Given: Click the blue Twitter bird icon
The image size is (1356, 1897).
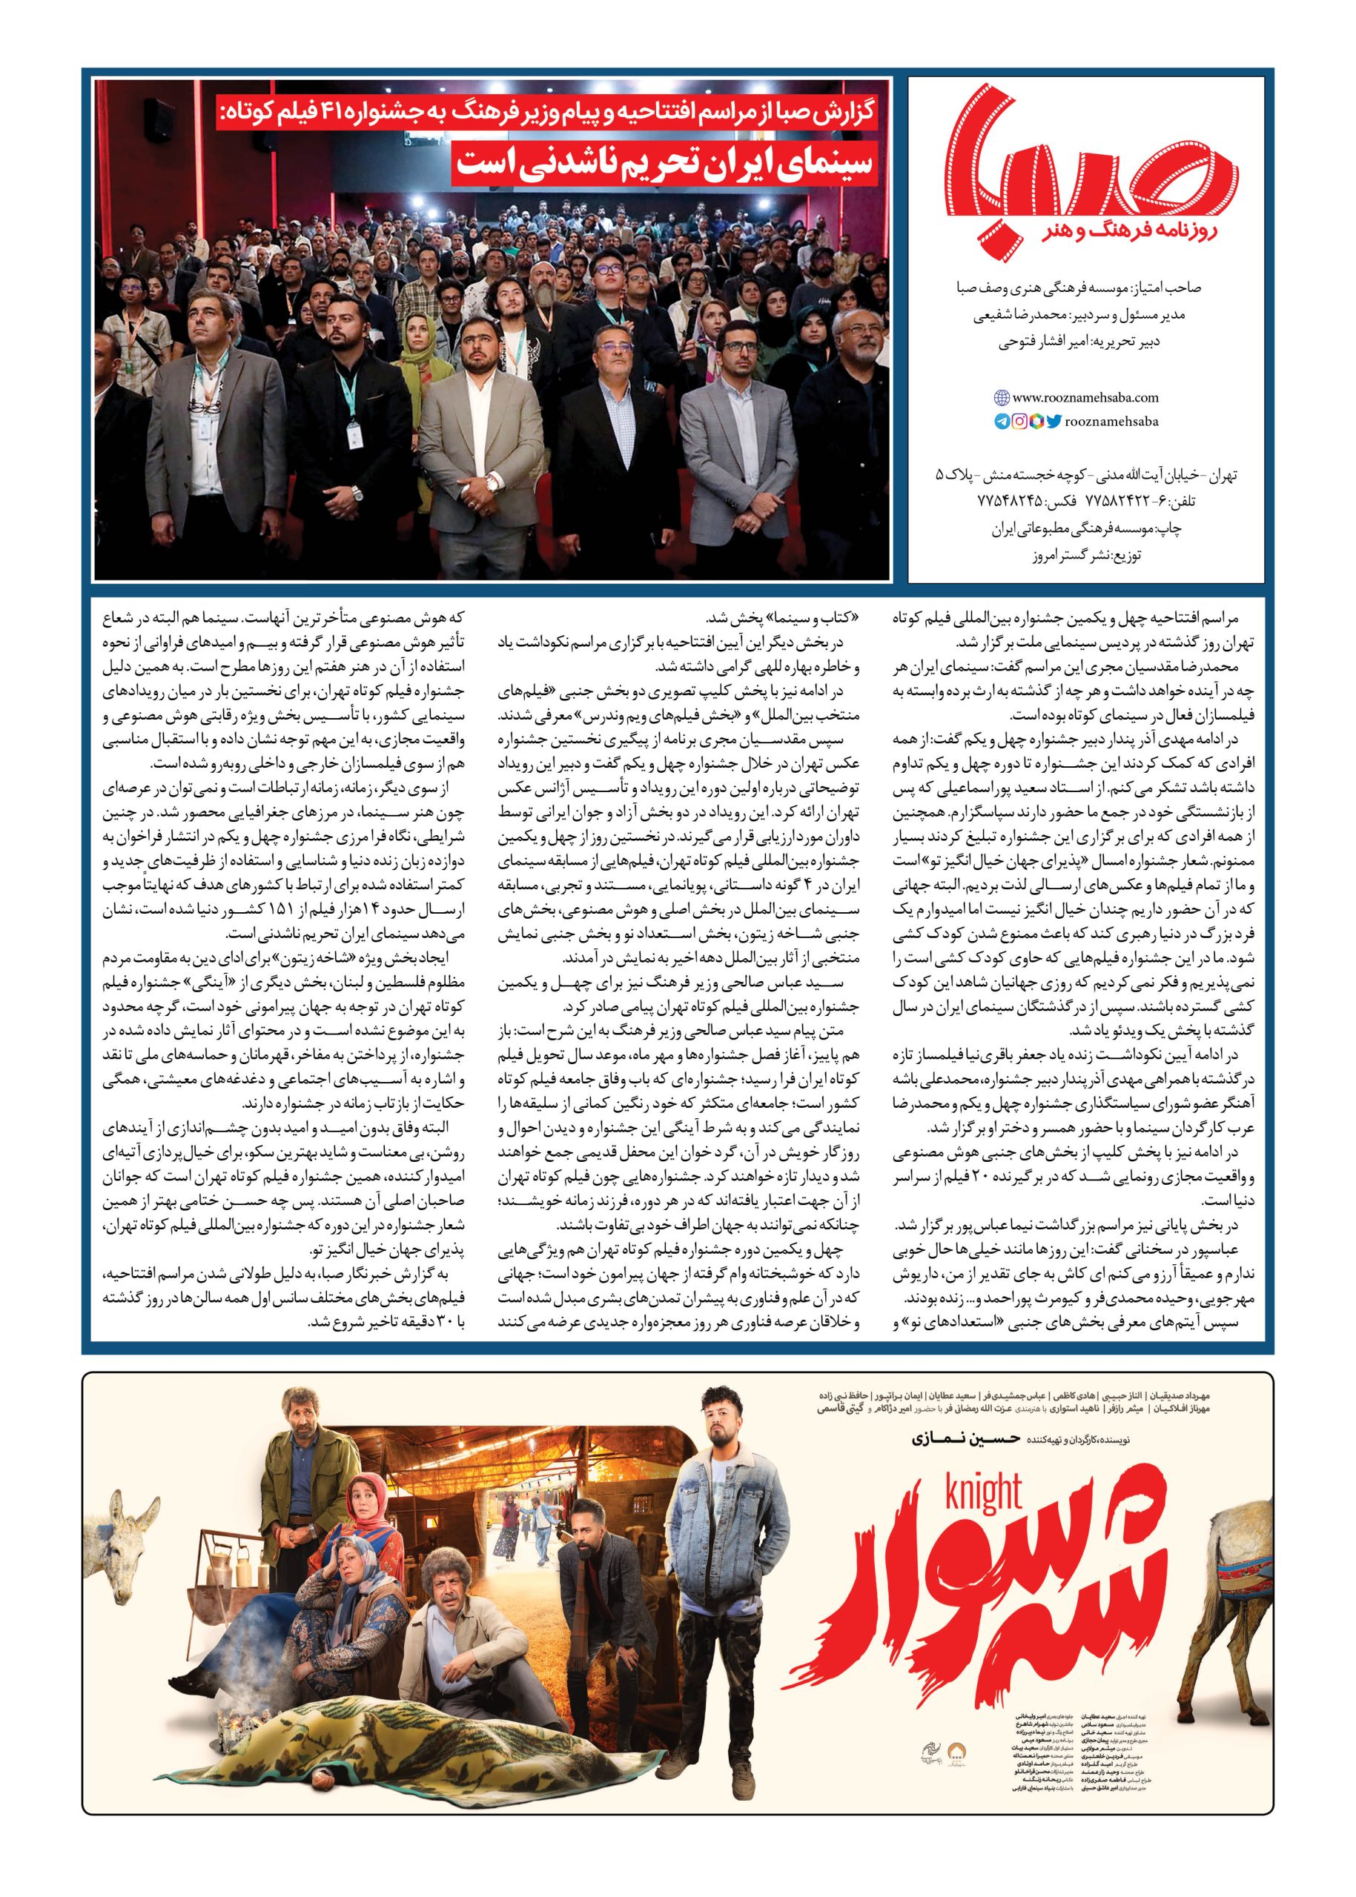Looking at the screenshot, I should pos(1054,422).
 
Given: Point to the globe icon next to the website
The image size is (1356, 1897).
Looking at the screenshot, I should pos(1001,398).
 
